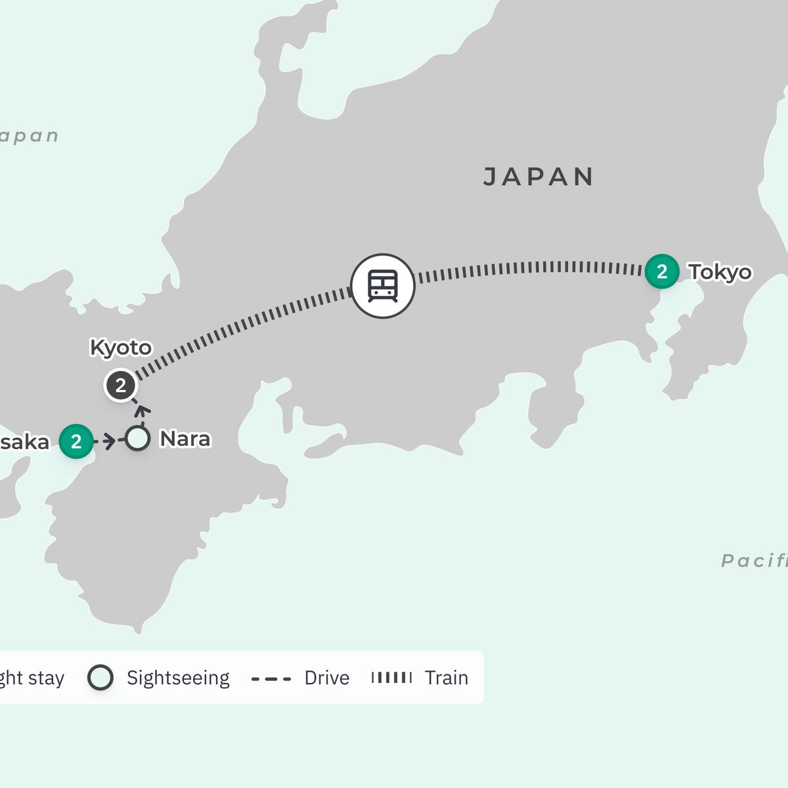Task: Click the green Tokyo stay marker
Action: pos(661,271)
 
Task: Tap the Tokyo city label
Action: pos(720,271)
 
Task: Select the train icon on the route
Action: pos(383,286)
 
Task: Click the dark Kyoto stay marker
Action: pos(120,385)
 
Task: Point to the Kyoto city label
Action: pos(121,347)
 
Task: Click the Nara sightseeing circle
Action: pos(137,439)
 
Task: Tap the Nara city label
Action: pos(185,439)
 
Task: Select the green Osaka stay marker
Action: pos(76,441)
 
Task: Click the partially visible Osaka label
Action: pos(24,442)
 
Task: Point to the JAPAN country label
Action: pos(538,177)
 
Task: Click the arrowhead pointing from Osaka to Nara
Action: pos(110,441)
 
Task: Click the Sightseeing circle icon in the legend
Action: pos(100,678)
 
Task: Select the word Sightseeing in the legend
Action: pos(178,678)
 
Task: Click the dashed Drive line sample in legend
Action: pos(271,678)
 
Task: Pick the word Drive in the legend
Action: pos(326,678)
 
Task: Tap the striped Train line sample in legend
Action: pos(392,678)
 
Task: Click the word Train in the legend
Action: pos(447,678)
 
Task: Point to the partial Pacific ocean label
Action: pos(754,560)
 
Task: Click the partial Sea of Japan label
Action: pos(29,136)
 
